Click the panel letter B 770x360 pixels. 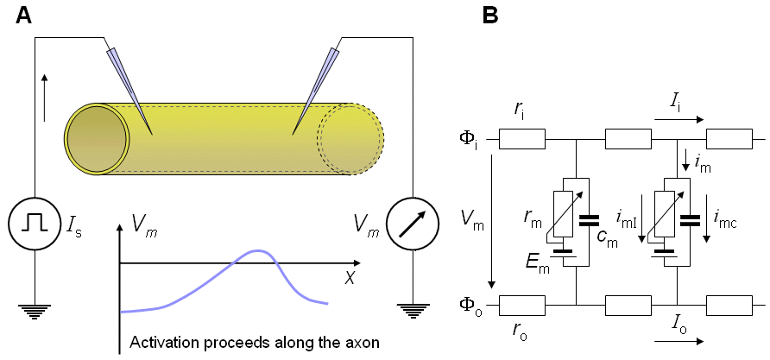point(489,16)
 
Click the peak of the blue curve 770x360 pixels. point(255,251)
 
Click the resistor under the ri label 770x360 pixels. point(522,138)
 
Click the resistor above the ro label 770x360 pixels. point(522,305)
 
